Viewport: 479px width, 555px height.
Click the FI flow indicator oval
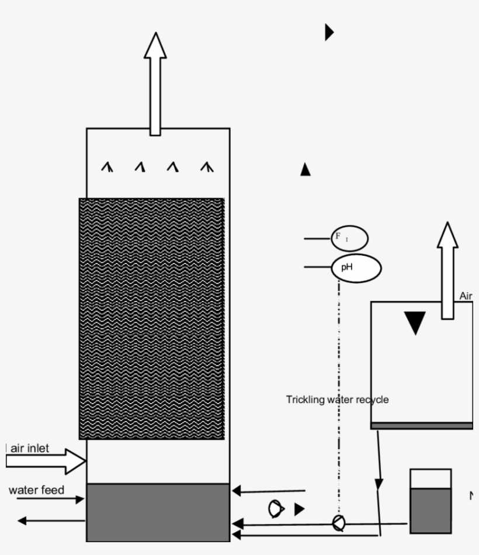click(350, 238)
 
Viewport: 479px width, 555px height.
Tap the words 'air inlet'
click(30, 448)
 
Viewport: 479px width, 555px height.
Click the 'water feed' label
click(36, 490)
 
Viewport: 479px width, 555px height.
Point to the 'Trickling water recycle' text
click(337, 400)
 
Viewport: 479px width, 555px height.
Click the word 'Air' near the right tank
click(466, 296)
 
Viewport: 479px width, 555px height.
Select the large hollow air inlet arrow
click(46, 461)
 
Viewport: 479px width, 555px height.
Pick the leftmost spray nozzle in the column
click(107, 168)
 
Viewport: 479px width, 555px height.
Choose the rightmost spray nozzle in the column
click(206, 168)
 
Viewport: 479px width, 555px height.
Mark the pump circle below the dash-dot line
click(338, 523)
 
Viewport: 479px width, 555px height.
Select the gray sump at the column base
click(158, 512)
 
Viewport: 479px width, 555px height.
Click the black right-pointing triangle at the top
click(329, 32)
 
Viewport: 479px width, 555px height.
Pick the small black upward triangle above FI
click(305, 169)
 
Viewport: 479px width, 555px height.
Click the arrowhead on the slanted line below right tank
click(379, 484)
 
